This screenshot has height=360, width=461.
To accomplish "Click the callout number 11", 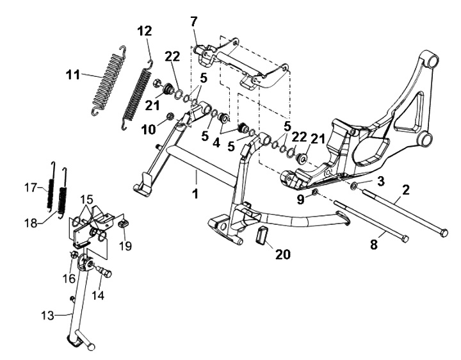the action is [x=73, y=74].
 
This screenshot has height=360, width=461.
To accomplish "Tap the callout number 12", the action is [x=145, y=31].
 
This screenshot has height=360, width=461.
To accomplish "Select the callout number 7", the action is [x=194, y=22].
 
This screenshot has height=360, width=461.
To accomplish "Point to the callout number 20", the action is [x=283, y=254].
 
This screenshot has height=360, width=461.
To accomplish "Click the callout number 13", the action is [x=47, y=316].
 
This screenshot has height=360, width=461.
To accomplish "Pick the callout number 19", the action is [x=125, y=246].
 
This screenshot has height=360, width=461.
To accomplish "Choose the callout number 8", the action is [x=373, y=244].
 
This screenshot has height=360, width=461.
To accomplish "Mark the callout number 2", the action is [x=406, y=190].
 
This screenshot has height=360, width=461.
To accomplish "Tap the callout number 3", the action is [x=380, y=181].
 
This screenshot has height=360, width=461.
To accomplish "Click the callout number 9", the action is [x=300, y=200].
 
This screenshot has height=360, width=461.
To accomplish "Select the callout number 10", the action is [x=148, y=129].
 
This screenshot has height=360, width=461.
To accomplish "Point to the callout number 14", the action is [x=98, y=295].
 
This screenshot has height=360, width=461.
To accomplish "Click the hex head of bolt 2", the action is [x=444, y=233].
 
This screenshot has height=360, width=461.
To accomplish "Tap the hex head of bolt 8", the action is [x=405, y=238].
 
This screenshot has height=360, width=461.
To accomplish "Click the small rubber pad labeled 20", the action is [x=263, y=235].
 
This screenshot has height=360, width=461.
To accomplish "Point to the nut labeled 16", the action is [x=74, y=255].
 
